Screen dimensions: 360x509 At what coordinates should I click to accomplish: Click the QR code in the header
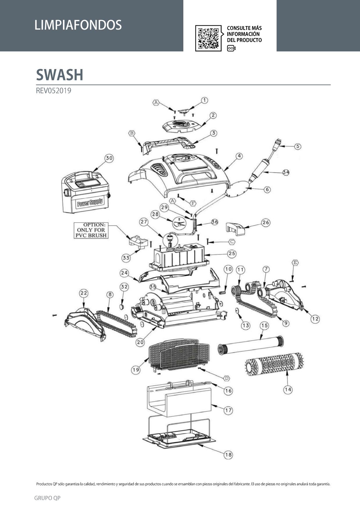click(x=208, y=38)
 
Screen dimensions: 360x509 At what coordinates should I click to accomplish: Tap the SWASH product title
click(x=60, y=75)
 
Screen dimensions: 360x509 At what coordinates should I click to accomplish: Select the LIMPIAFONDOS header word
click(x=78, y=25)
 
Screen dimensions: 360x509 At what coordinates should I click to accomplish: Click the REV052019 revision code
click(x=53, y=91)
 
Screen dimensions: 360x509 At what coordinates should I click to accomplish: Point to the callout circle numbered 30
click(x=109, y=158)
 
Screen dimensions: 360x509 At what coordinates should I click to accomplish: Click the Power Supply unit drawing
click(x=86, y=192)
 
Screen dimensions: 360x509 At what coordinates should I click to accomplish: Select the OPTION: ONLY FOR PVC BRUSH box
click(x=91, y=230)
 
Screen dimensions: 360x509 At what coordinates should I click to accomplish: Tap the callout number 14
click(x=288, y=389)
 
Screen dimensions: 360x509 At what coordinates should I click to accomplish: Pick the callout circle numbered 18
click(x=229, y=455)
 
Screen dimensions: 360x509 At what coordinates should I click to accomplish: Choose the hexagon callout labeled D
click(x=227, y=378)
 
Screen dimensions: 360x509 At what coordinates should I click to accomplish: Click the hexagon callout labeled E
click(x=295, y=263)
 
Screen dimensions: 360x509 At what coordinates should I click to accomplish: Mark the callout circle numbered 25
click(x=232, y=253)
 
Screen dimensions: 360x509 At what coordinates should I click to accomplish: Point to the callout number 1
click(x=205, y=100)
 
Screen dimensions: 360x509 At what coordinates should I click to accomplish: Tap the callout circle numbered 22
click(x=84, y=293)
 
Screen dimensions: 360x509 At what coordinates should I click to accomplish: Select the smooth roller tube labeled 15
click(x=250, y=345)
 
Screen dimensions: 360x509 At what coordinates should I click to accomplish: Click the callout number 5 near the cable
click(x=298, y=147)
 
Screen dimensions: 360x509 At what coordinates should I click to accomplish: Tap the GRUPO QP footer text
click(x=47, y=498)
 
